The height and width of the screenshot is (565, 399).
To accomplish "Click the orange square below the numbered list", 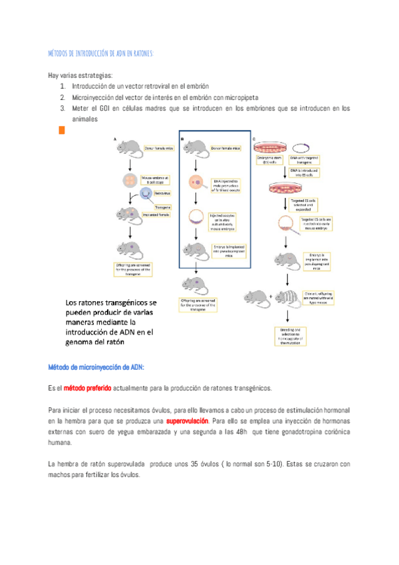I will (62, 131).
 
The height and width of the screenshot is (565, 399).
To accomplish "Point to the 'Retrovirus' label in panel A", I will (162, 193).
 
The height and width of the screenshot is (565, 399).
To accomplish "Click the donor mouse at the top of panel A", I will (130, 147).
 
